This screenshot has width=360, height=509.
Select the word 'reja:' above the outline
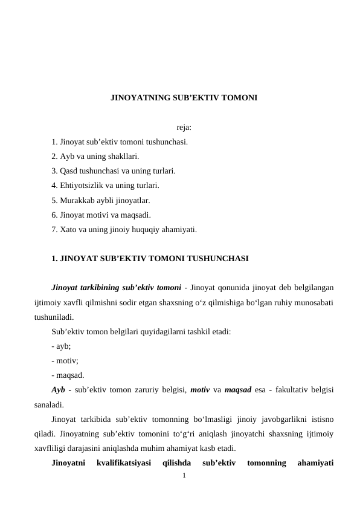[184, 128]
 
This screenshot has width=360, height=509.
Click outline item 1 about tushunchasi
[120, 143]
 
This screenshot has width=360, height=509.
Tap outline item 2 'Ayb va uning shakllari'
[99, 157]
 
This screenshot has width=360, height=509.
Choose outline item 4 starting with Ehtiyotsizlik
[105, 186]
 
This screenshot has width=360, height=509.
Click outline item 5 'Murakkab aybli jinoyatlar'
[101, 200]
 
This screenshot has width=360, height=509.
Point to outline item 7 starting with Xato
[124, 229]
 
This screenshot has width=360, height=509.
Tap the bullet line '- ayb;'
[61, 346]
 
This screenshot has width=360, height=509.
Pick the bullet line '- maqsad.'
[68, 375]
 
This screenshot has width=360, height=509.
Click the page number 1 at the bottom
[185, 475]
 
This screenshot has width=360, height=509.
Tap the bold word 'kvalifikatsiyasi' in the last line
[123, 463]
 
